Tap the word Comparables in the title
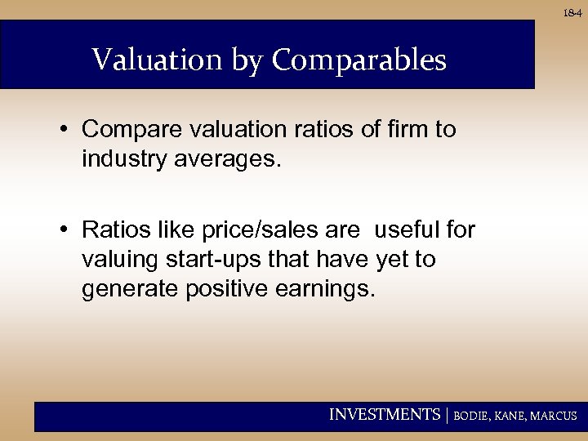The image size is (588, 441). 359,60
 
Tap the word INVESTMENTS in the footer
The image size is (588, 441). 384,415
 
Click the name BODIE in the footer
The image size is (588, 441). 471,416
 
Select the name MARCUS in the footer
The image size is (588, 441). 553,416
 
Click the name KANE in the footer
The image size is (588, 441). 509,416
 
